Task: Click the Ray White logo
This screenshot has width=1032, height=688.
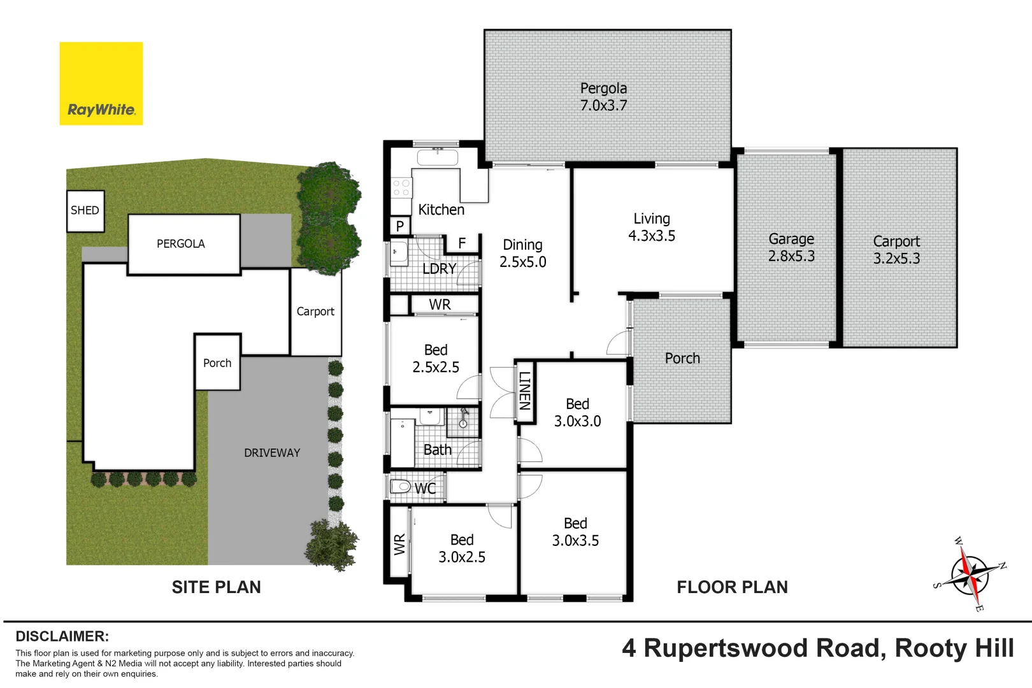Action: click(101, 83)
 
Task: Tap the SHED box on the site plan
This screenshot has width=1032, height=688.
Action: click(85, 210)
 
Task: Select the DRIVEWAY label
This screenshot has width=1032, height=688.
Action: click(272, 453)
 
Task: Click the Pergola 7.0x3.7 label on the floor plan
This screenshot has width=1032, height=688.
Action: click(603, 97)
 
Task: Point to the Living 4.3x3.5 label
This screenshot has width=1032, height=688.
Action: click(651, 227)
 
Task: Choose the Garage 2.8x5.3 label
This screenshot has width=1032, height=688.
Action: click(791, 247)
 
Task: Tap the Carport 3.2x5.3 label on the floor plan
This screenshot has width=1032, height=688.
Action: click(896, 250)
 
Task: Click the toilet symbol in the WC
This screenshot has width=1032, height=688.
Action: click(400, 487)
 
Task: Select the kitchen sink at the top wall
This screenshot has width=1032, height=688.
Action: click(437, 157)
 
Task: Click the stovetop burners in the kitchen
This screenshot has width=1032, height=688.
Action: click(401, 187)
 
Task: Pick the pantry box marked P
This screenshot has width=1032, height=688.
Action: click(400, 226)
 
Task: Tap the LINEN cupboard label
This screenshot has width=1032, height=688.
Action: click(524, 391)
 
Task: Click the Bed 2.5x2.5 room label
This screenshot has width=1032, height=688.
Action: click(436, 358)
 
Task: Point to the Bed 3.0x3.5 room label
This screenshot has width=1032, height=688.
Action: click(575, 532)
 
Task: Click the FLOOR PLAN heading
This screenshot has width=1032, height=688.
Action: click(732, 587)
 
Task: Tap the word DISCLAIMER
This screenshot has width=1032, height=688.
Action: click(62, 636)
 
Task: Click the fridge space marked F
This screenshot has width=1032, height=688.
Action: click(462, 243)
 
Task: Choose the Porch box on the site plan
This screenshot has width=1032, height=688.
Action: click(217, 362)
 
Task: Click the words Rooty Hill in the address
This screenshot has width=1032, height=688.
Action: click(954, 649)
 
